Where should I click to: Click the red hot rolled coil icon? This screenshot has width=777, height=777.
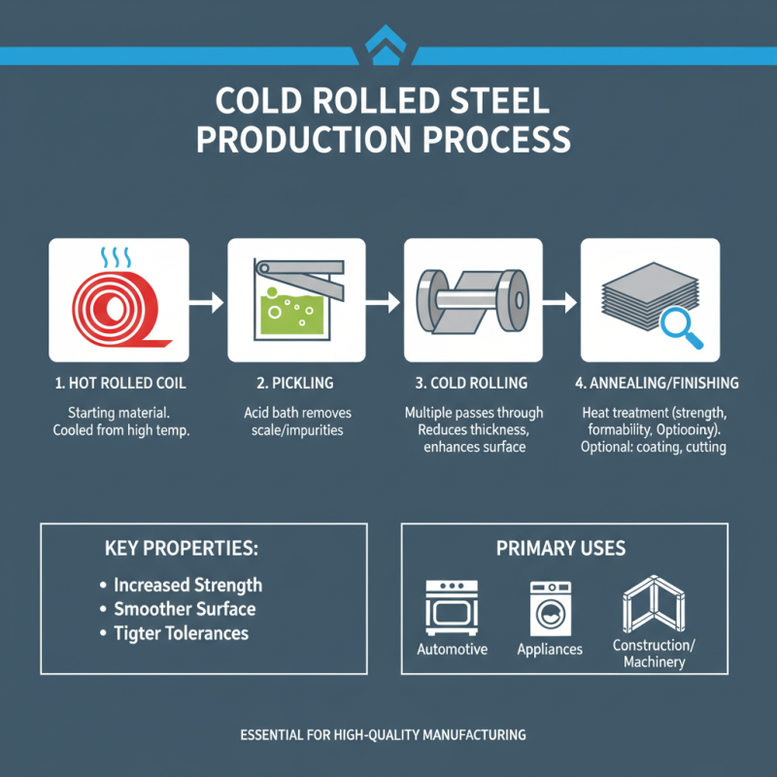coord(118,312)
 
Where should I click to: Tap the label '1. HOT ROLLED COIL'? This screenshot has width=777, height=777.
coord(118,384)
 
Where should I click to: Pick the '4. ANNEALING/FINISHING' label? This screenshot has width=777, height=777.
coord(650,384)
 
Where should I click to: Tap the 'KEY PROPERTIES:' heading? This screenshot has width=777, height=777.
coord(181,549)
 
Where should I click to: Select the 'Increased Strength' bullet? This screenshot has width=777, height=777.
coord(187,586)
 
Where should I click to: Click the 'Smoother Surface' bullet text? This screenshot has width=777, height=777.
coord(185,610)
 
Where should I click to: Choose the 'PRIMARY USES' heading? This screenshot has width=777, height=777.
coord(560,549)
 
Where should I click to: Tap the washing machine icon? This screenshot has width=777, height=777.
coord(549,608)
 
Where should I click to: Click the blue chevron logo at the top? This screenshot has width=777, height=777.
coord(388,44)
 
